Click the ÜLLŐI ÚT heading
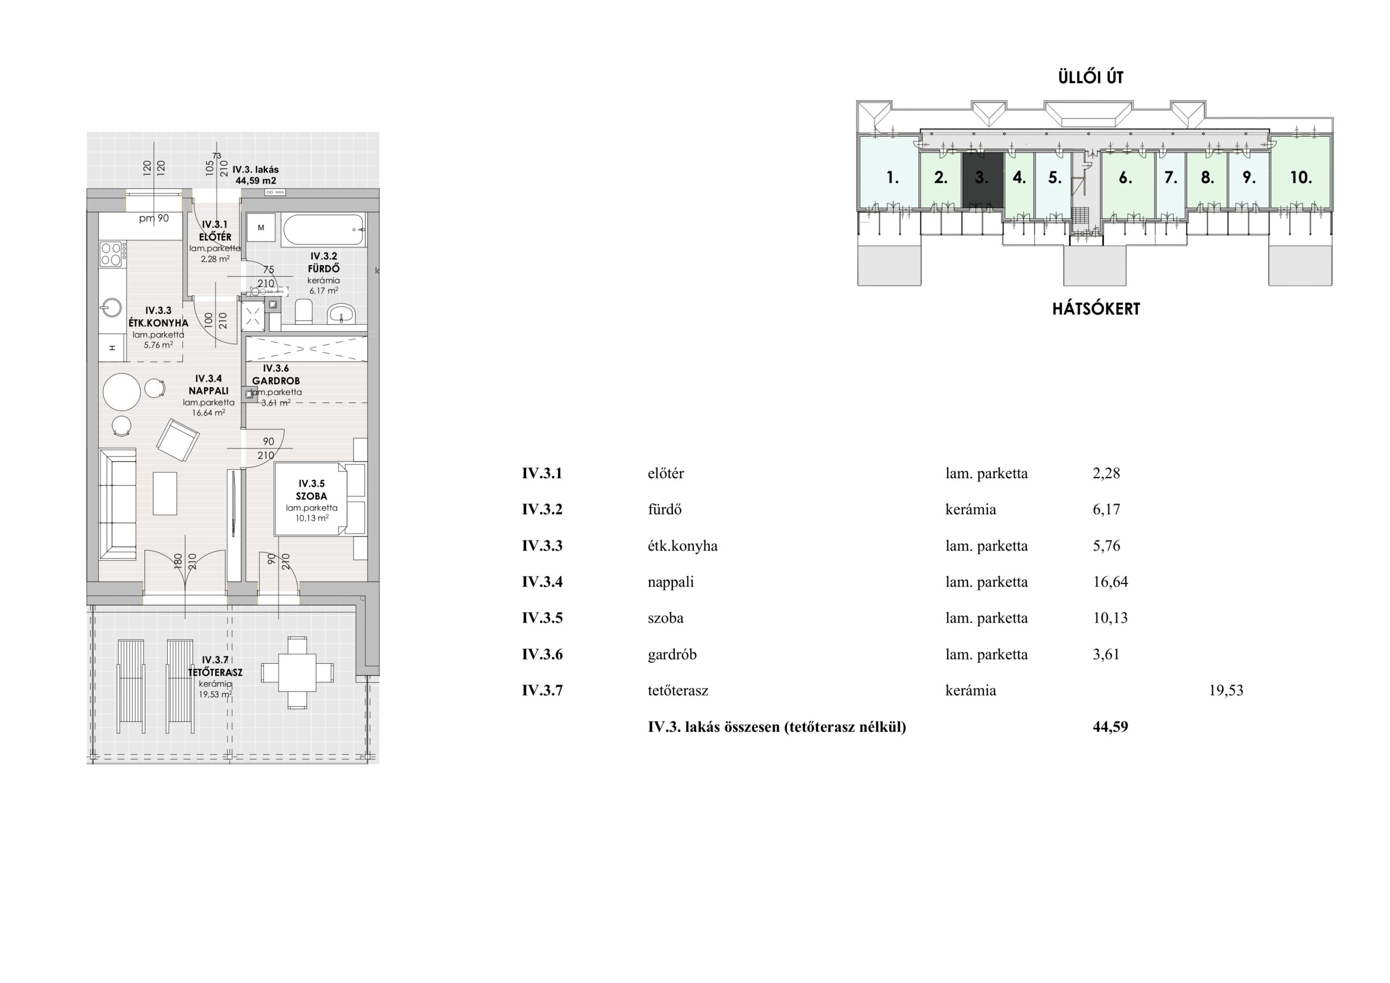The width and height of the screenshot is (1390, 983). [x=1090, y=77]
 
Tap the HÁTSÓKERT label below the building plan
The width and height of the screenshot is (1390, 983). [x=1096, y=309]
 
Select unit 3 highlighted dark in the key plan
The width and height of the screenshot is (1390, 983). [x=983, y=180]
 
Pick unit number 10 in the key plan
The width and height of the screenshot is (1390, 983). [x=1301, y=177]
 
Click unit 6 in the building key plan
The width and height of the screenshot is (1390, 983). [x=1125, y=177]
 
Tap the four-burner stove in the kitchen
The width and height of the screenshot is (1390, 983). [x=112, y=254]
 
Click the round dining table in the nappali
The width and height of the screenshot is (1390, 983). [x=122, y=392]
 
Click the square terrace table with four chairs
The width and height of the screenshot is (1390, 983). [x=297, y=673]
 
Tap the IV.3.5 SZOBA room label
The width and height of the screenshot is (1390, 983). [x=312, y=490]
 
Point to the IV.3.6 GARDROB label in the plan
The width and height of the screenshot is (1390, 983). [x=276, y=375]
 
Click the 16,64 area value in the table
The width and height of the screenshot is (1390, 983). [x=1110, y=582]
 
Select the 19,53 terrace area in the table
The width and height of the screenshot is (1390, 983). [x=1226, y=690]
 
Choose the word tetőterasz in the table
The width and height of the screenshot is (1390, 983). [x=678, y=690]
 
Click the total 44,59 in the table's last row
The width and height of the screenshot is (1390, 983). [x=1110, y=727]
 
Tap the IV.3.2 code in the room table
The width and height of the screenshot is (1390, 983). [x=542, y=510]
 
